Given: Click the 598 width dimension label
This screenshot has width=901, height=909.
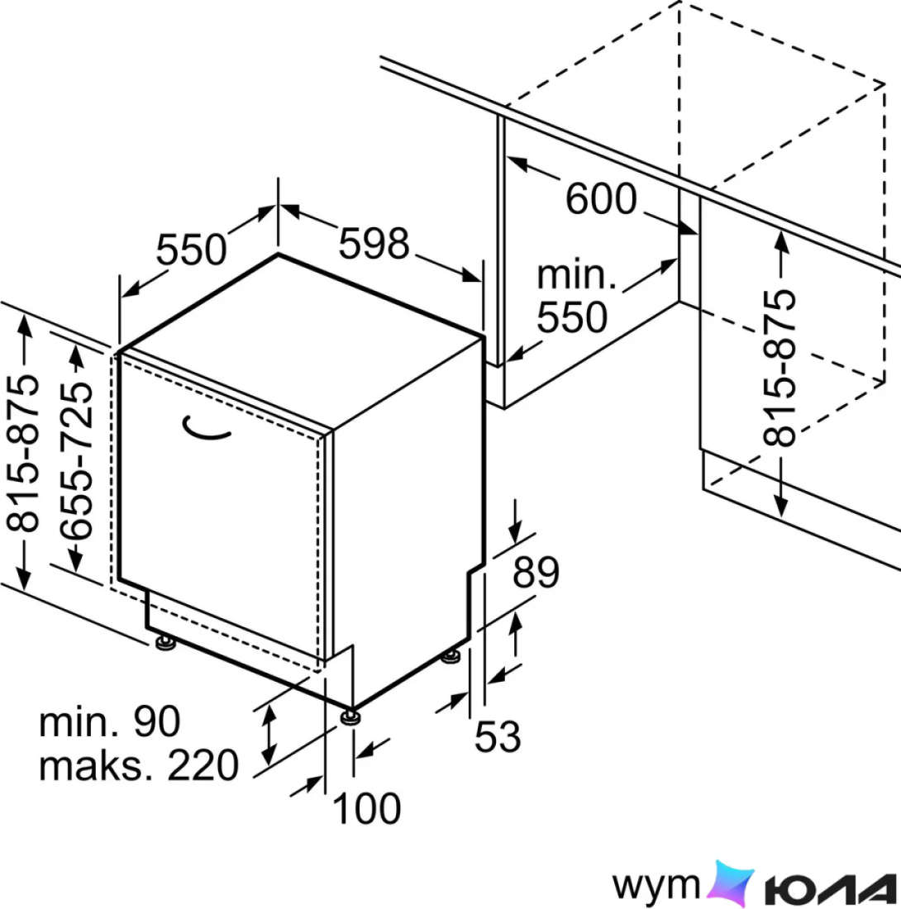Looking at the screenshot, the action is [x=374, y=244].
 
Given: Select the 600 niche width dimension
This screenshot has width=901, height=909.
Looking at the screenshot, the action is [x=601, y=199].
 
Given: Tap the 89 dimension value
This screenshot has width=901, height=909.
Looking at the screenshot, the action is [x=536, y=572].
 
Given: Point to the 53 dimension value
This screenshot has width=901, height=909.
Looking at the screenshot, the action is [x=498, y=737].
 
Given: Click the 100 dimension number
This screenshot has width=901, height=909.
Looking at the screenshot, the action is [x=366, y=808].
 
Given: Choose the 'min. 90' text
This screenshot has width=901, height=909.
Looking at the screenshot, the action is [x=110, y=721].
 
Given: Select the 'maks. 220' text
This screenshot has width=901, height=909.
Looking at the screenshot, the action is [x=139, y=765].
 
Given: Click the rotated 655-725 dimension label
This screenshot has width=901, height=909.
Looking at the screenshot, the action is [x=77, y=461].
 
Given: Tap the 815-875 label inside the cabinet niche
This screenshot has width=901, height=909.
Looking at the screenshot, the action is [x=779, y=368].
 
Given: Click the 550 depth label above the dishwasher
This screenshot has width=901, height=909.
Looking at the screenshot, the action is [x=191, y=250].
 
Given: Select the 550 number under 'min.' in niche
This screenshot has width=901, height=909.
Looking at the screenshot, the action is [x=572, y=317].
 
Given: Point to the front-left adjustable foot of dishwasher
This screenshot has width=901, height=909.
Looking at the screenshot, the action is [x=166, y=642].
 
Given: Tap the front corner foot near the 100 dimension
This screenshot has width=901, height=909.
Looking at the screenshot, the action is [x=350, y=716].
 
